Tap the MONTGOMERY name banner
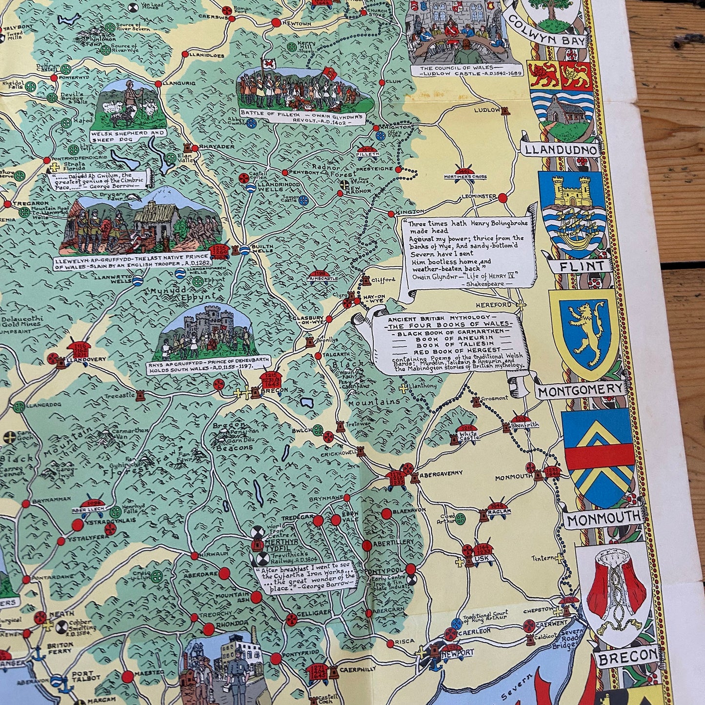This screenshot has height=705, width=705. tap(581, 389)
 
